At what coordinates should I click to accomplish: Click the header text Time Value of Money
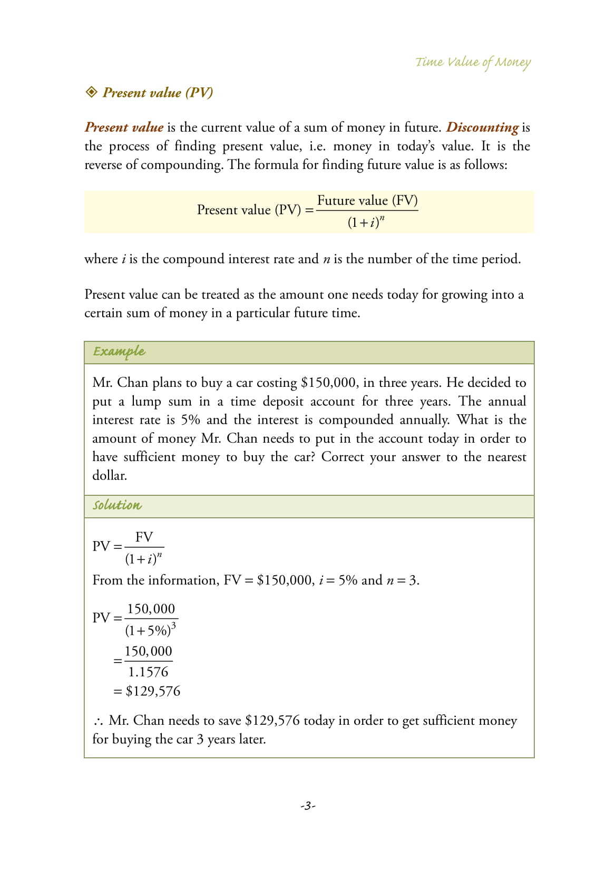point(473,62)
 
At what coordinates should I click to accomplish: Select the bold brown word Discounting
point(482,127)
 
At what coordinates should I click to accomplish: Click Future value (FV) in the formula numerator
point(367,201)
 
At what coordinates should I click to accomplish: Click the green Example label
point(119,352)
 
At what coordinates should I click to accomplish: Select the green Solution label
point(117,505)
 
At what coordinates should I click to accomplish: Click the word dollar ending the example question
point(109,476)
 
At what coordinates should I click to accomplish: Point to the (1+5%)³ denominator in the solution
point(150,629)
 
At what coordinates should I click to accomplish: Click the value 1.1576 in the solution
point(148,672)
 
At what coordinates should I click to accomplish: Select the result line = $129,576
point(147,691)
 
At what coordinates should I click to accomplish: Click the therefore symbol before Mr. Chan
point(97,721)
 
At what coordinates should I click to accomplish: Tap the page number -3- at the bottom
point(307,806)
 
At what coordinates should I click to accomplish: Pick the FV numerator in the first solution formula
point(144,537)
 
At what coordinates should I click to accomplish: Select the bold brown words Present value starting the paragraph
point(124,127)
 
